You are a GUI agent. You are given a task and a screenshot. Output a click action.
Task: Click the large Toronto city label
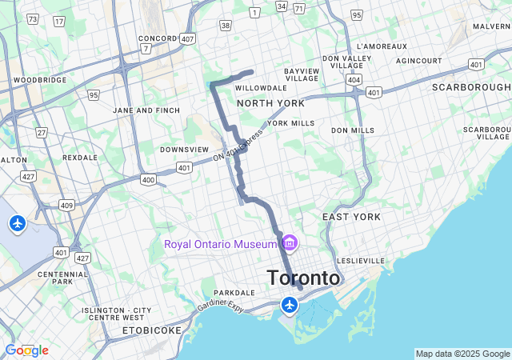coord(303,278)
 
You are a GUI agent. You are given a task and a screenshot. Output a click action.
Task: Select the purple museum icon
coord(290,242)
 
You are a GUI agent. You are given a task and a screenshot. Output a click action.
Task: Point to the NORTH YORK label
coord(270,104)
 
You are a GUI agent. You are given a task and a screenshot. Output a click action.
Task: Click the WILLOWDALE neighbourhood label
coord(261,88)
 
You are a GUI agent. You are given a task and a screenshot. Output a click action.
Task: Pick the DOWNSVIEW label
coord(185,150)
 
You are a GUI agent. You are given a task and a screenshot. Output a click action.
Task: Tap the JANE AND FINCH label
coord(146,110)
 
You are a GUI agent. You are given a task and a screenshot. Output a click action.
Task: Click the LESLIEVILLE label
coord(362,261)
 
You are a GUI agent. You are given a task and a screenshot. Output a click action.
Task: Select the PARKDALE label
coord(234,293)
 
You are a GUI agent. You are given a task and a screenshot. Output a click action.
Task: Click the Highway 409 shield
coord(66,206)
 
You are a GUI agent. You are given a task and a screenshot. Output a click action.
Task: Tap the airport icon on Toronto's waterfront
coord(290,305)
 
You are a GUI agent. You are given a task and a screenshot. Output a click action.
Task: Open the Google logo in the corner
coord(26,350)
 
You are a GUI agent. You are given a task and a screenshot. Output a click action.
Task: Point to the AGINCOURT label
coord(418,61)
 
